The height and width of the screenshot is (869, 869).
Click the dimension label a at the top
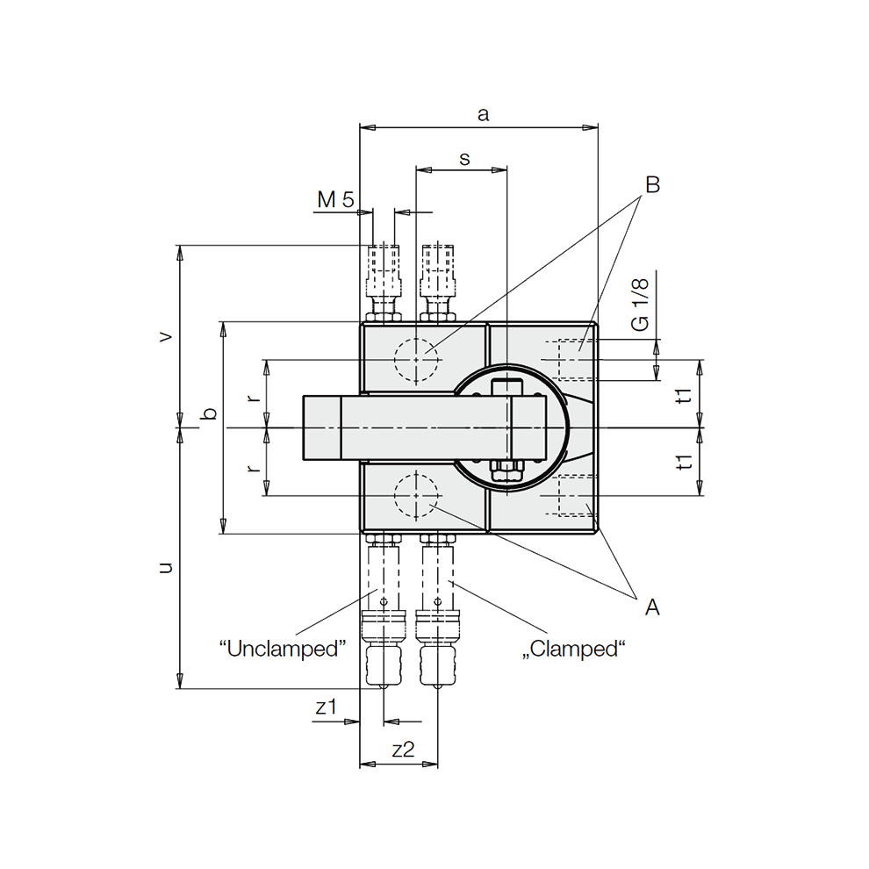pyautogui.click(x=482, y=114)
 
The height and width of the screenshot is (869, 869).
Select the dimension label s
pyautogui.click(x=464, y=158)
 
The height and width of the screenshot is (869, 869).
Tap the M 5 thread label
pyautogui.click(x=335, y=200)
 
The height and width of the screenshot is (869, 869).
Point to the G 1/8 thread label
pyautogui.click(x=641, y=306)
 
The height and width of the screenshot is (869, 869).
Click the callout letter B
pyautogui.click(x=652, y=185)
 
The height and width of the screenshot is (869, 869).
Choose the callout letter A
pyautogui.click(x=652, y=607)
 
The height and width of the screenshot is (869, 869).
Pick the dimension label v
pyautogui.click(x=164, y=336)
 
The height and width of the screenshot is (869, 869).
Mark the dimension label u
pyautogui.click(x=164, y=568)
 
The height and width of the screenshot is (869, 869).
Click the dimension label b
pyautogui.click(x=209, y=413)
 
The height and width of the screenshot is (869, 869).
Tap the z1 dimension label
pyautogui.click(x=326, y=707)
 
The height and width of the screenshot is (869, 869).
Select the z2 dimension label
pyautogui.click(x=403, y=750)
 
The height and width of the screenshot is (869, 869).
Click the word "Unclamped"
pyautogui.click(x=283, y=650)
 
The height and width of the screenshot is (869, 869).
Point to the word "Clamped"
pyautogui.click(x=576, y=650)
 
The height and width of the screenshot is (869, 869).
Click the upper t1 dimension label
pyautogui.click(x=686, y=394)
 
